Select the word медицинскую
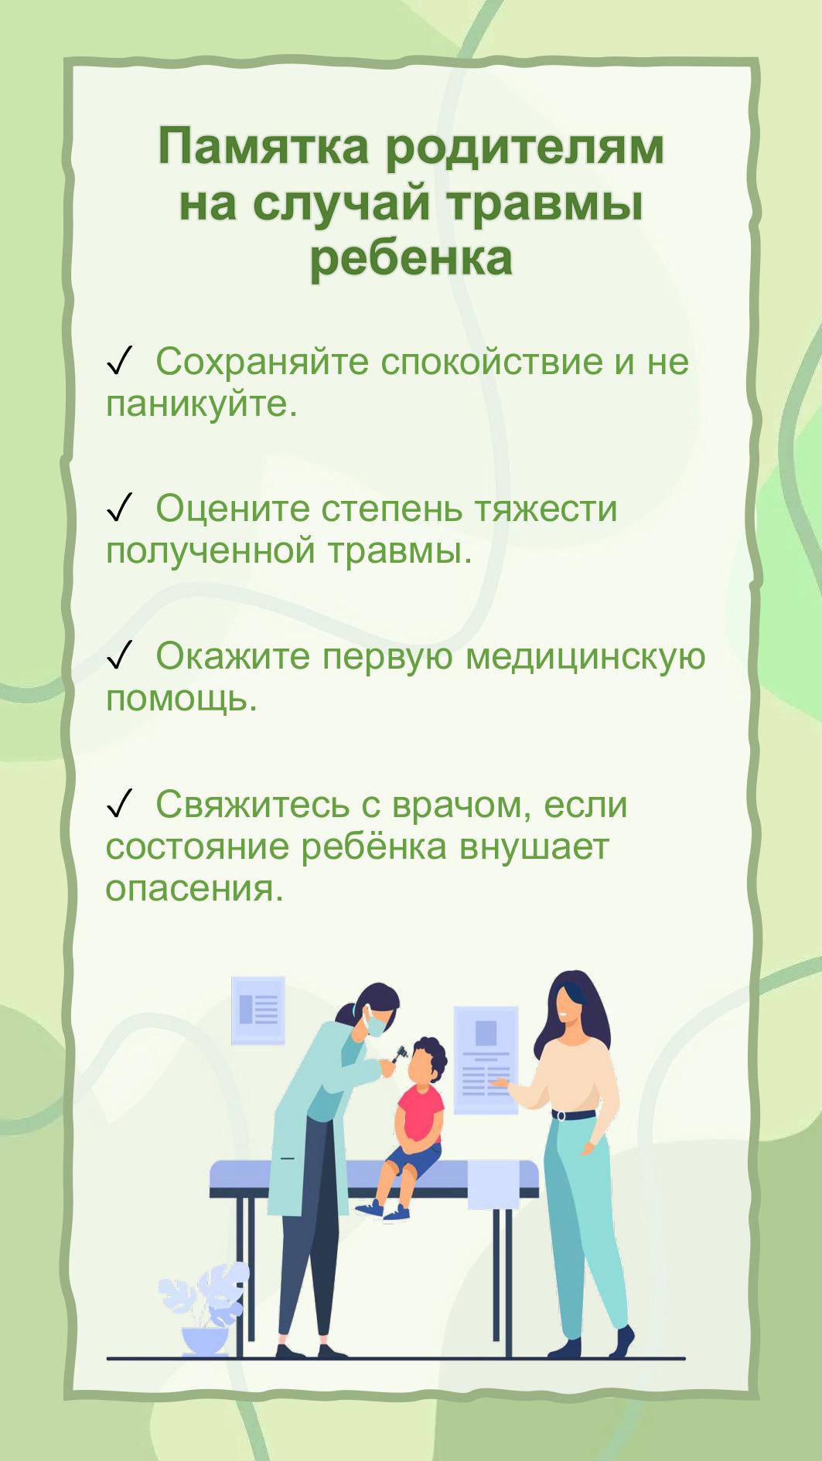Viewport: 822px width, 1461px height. coord(585,658)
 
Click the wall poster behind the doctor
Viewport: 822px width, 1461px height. coord(258,1010)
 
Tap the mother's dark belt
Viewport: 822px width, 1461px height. coord(574,1115)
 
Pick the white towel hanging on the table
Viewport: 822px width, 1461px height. coord(493,1183)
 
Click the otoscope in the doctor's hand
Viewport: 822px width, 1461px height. coord(400,1054)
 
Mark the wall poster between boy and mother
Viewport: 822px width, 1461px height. coord(486,1060)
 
